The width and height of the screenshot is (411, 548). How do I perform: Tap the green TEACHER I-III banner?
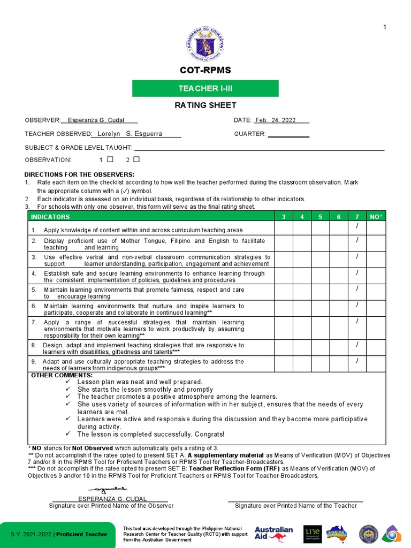[x=205, y=88]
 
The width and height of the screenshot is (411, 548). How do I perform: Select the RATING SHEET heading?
[x=205, y=105]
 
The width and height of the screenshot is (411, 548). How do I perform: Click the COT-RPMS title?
[x=205, y=71]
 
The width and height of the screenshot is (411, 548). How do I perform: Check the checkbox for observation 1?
[x=110, y=159]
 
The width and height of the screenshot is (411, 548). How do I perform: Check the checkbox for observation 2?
[x=136, y=159]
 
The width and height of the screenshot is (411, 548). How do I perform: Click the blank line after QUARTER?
[x=288, y=134]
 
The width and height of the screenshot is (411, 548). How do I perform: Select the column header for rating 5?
[x=320, y=217]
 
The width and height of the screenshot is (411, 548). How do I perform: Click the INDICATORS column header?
[x=50, y=217]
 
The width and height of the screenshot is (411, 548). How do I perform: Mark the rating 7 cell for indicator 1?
[x=357, y=228]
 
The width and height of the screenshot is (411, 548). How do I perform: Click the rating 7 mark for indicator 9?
[x=357, y=362]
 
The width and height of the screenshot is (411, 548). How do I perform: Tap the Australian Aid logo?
[x=273, y=534]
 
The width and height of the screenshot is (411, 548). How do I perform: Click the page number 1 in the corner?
[x=384, y=28]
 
